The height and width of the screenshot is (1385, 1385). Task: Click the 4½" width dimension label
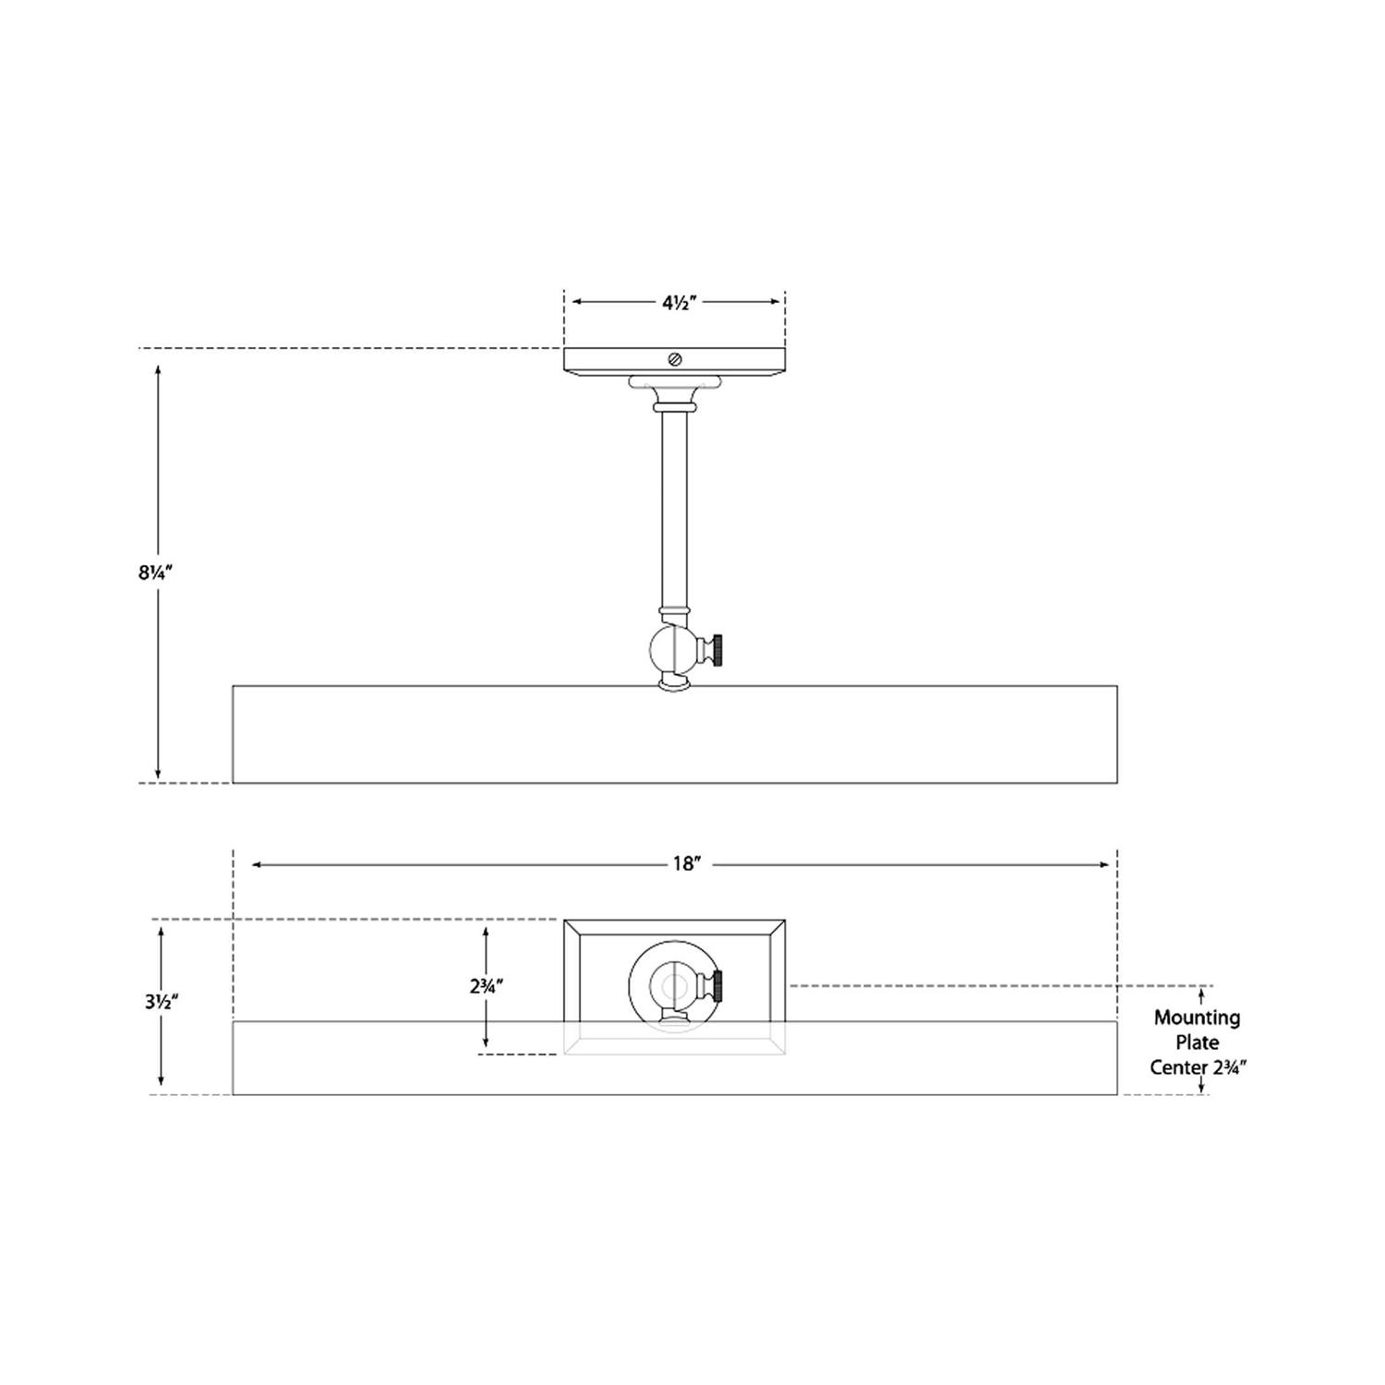point(677,302)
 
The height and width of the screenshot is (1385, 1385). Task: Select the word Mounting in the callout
point(1197,1018)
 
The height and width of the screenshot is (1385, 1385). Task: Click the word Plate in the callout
point(1197,1042)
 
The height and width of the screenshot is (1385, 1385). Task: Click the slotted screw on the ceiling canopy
point(675,360)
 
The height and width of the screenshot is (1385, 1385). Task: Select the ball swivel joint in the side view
point(673,650)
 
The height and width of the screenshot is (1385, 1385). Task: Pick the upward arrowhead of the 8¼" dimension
point(158,369)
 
